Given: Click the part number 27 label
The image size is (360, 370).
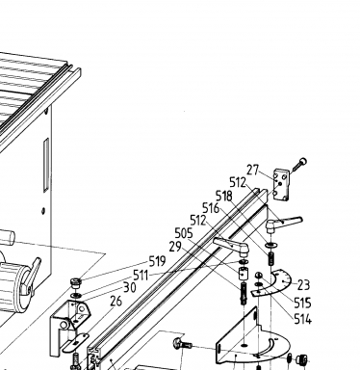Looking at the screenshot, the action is click(x=252, y=171).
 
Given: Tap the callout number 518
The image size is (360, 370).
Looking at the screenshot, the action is click(x=224, y=196).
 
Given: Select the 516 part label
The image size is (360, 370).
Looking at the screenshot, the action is click(x=211, y=208).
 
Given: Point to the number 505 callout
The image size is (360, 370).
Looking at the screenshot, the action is click(x=184, y=233).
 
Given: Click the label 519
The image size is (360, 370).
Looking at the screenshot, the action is click(x=157, y=261).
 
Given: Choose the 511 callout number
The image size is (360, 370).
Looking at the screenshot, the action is click(x=141, y=276).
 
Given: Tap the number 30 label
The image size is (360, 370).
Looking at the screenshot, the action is click(x=130, y=287).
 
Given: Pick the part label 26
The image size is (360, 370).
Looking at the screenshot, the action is click(x=116, y=302).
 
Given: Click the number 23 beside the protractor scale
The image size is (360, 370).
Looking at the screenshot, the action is click(x=303, y=285).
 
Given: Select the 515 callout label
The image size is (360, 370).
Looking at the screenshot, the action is click(x=302, y=303).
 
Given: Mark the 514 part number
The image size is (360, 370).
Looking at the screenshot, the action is click(x=302, y=319).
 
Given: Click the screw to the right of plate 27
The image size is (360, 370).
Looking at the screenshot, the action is click(x=299, y=165).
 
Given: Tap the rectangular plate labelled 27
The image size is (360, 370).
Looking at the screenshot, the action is click(x=281, y=185).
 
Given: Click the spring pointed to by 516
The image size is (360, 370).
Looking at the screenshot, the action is click(x=270, y=257).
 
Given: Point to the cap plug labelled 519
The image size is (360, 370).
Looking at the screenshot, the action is click(x=76, y=283).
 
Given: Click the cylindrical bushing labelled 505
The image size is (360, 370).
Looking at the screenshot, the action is click(x=243, y=275).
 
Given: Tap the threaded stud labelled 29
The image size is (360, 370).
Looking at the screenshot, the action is click(x=244, y=294).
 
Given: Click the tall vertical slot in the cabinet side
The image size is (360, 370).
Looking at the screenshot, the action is click(x=46, y=165).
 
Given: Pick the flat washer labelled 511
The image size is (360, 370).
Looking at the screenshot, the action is click(x=76, y=295).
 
